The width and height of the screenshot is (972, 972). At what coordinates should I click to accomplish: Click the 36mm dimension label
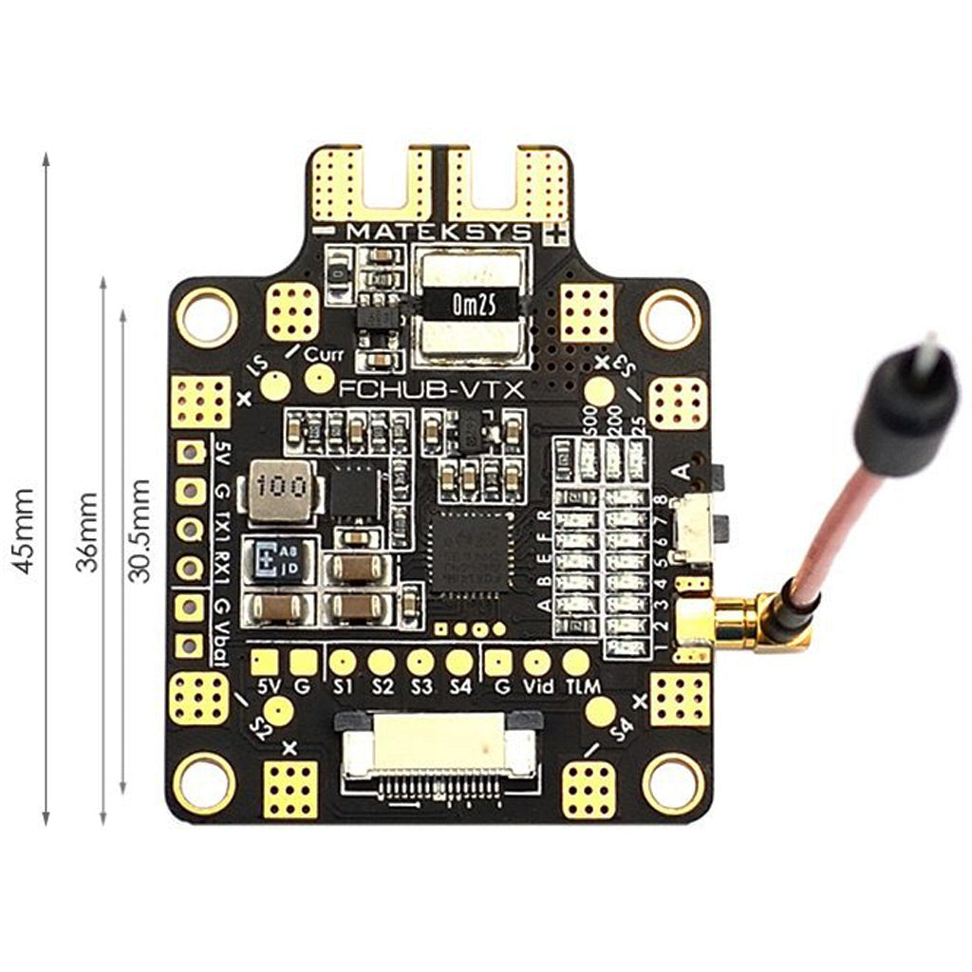pyautogui.click(x=87, y=532)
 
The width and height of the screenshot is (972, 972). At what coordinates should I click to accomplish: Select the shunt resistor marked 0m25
pyautogui.click(x=471, y=306)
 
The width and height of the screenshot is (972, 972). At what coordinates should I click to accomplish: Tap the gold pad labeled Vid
pyautogui.click(x=537, y=663)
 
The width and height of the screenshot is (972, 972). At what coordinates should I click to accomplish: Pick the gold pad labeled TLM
pyautogui.click(x=576, y=663)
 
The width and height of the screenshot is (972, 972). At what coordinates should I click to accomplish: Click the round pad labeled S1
pyautogui.click(x=343, y=663)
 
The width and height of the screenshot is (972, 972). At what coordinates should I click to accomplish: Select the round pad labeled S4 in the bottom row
pyautogui.click(x=459, y=663)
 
